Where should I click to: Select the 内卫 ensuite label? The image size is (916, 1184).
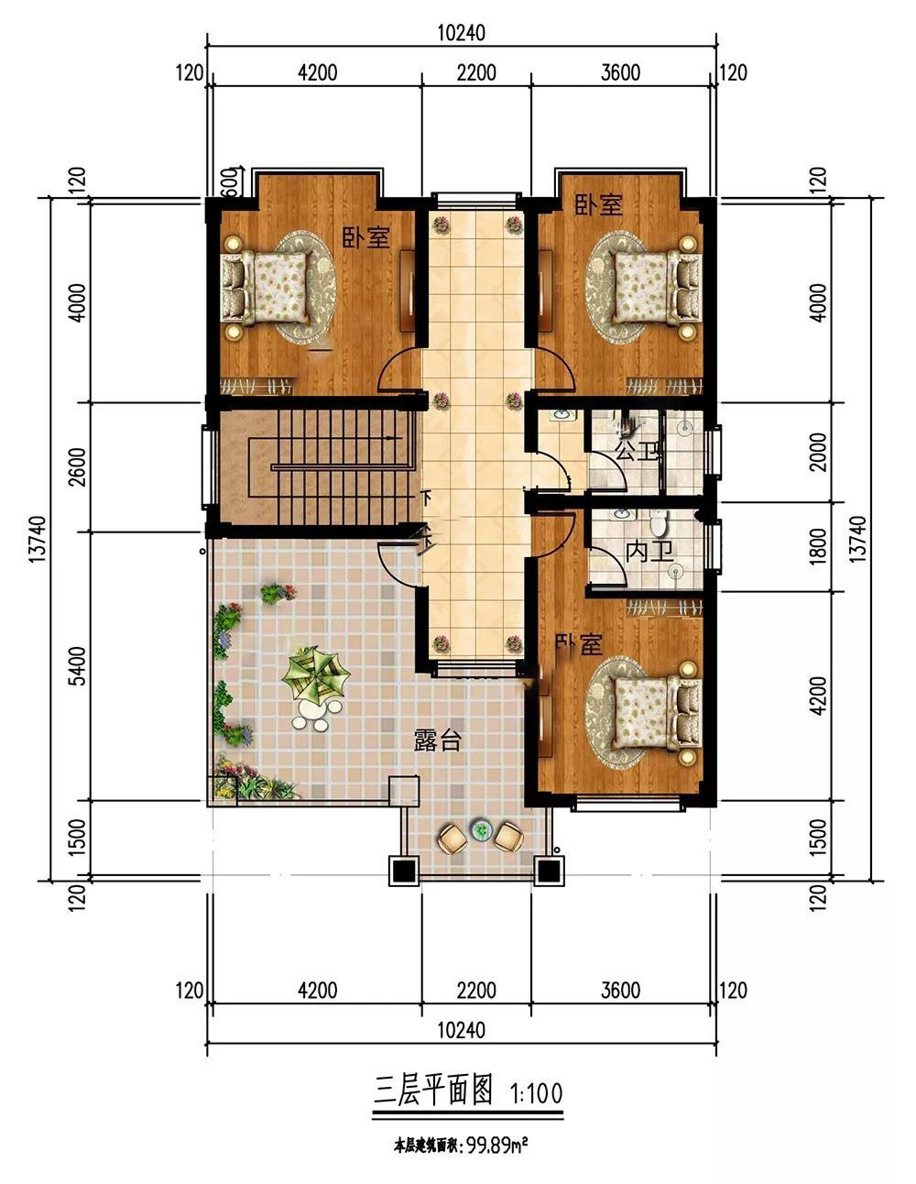649,552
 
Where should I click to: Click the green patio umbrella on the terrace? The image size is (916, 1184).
315,672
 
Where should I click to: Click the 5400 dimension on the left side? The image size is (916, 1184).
78,665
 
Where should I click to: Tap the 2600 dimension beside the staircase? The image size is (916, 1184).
78,466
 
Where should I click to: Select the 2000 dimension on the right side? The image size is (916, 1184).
819,452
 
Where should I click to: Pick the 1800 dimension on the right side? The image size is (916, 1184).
819,546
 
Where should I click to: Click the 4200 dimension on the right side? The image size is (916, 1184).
819,696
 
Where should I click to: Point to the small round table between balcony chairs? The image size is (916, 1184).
481,830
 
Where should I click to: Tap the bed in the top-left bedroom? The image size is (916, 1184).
266,288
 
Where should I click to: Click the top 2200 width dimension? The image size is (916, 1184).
476,73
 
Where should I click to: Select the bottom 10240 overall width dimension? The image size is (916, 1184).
462,1030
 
